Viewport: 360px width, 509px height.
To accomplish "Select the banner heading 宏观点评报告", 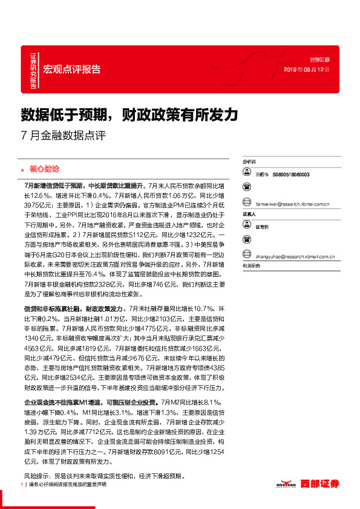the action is (x=72, y=69).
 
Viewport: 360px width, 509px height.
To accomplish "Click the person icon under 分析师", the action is (x=247, y=174).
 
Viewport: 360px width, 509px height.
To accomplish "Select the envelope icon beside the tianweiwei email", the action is (x=247, y=204).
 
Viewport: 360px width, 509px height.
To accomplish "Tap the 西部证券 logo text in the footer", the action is (x=322, y=484).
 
